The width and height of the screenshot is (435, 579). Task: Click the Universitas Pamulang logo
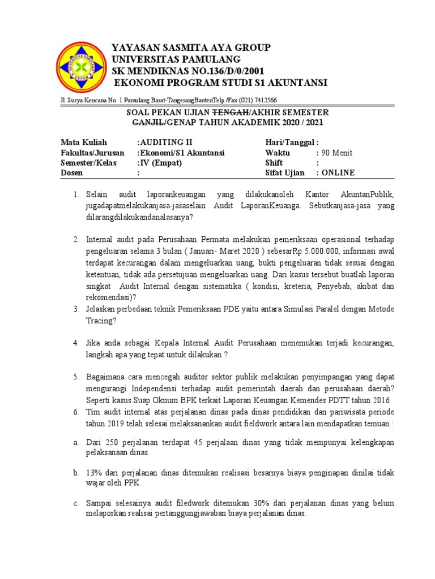click(x=80, y=67)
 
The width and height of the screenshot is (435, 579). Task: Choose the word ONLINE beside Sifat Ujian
click(x=338, y=173)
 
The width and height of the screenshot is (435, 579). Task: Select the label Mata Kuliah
click(x=83, y=142)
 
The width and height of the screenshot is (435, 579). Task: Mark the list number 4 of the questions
click(x=75, y=343)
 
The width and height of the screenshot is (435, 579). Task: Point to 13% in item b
click(x=95, y=472)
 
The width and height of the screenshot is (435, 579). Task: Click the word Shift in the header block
click(x=274, y=163)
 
